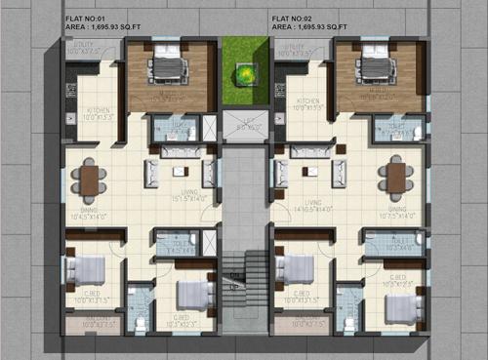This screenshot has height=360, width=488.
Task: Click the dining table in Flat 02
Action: (x=395, y=178)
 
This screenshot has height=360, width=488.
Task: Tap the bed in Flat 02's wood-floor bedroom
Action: (x=375, y=65)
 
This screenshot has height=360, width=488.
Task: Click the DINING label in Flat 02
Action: (x=397, y=209)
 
